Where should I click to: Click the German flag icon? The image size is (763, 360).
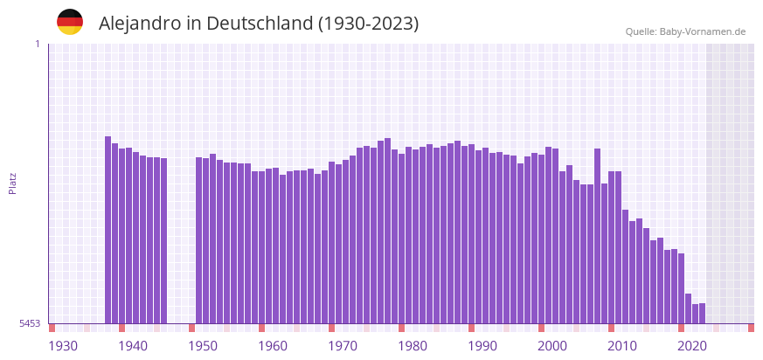[x=70, y=22]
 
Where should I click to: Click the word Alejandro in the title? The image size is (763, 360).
[x=139, y=24]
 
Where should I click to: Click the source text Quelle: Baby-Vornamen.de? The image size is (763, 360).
[x=685, y=31]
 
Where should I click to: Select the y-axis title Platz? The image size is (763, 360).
[x=13, y=183]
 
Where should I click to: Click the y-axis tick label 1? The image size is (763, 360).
[x=37, y=44]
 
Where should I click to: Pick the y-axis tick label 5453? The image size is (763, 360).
[x=30, y=323]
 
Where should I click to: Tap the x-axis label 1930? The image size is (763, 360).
[x=63, y=346]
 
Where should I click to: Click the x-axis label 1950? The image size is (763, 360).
[x=203, y=346]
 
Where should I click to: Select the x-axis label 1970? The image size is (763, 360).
[x=343, y=346]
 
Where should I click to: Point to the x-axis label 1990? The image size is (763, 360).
[x=482, y=346]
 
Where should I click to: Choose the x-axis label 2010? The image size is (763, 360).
[x=622, y=346]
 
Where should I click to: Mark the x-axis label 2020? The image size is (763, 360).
[x=692, y=346]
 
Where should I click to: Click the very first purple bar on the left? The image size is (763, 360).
[x=108, y=230]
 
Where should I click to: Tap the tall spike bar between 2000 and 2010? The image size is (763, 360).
[x=598, y=236]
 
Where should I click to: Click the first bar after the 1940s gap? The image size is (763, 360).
[x=199, y=240]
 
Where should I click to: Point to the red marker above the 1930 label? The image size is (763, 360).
[x=52, y=328]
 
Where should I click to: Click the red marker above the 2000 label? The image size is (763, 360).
[x=542, y=328]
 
